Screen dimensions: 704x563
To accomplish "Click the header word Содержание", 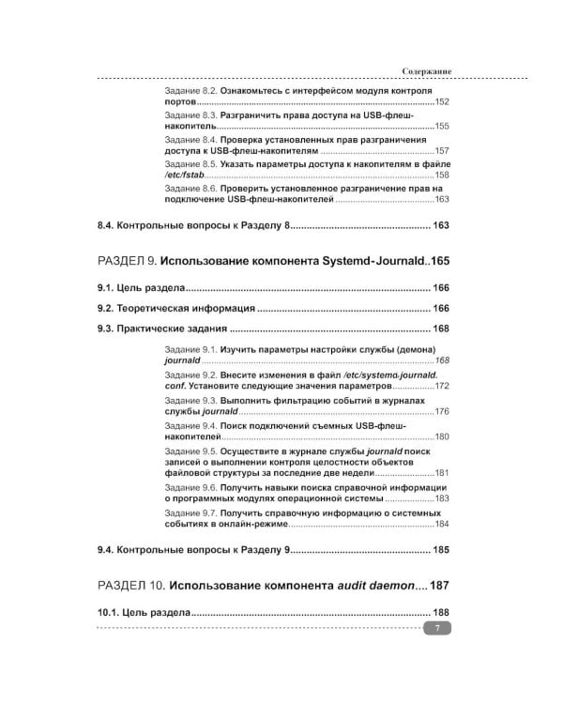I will click(427, 71).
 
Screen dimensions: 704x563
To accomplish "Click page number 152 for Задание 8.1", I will click(441, 101).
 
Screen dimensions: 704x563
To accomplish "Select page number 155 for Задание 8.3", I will click(441, 126).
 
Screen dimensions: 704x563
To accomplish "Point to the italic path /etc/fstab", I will click(185, 175).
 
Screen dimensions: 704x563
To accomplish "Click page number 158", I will click(441, 175).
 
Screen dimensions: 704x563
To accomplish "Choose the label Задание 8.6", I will click(190, 187).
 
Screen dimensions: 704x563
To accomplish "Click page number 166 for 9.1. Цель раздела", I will click(439, 287).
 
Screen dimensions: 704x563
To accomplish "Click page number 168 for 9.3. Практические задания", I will click(439, 329).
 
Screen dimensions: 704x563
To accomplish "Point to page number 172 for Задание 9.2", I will click(441, 386).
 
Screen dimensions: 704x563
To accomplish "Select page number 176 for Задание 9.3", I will click(441, 411).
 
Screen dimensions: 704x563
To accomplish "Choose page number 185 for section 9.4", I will click(439, 549).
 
